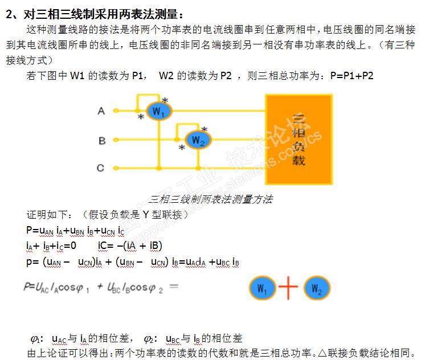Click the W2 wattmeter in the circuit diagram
[x=197, y=140]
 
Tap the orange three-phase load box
[x=298, y=138]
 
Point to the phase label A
[x=101, y=111]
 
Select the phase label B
[x=101, y=140]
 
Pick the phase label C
[x=101, y=168]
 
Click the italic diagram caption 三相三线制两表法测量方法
[x=210, y=199]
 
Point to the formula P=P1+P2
[x=351, y=75]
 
